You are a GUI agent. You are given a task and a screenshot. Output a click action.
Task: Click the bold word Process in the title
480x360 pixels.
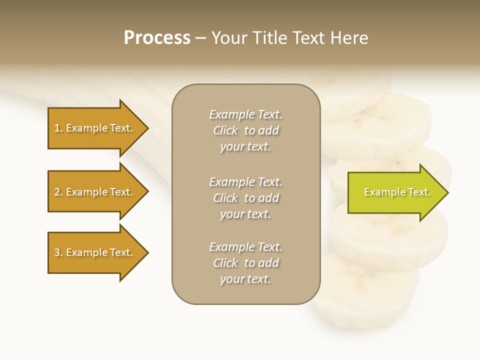pyautogui.click(x=157, y=38)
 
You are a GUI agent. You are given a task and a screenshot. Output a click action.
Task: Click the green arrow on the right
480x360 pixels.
pyautogui.click(x=395, y=192)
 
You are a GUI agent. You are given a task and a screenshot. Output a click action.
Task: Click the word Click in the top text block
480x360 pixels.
pyautogui.click(x=225, y=130)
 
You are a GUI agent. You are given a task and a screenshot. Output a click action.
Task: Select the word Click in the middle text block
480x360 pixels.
pyautogui.click(x=225, y=198)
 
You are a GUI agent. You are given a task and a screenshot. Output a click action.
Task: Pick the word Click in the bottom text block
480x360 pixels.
pyautogui.click(x=225, y=263)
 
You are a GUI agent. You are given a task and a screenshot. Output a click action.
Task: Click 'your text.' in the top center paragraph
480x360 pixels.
pyautogui.click(x=245, y=147)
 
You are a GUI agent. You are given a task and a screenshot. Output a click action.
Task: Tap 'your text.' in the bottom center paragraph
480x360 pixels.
pyautogui.click(x=245, y=279)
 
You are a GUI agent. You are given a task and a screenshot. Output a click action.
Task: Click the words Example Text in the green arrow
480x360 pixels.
pyautogui.click(x=397, y=192)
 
